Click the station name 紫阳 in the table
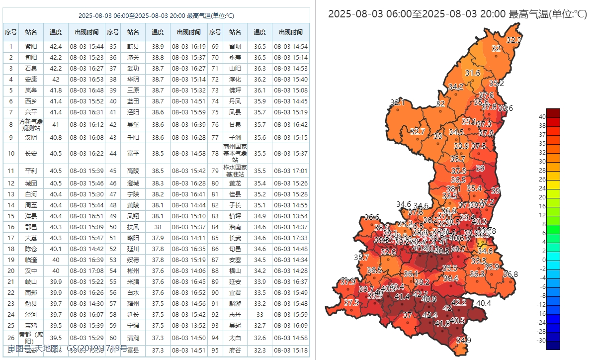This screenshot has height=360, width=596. point(31,47)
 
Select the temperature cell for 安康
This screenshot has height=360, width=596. point(56,80)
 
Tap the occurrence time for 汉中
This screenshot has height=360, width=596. point(86,271)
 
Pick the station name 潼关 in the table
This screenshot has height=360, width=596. point(133,58)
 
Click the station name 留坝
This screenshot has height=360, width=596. point(235,47)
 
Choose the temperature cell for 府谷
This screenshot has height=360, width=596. point(259,350)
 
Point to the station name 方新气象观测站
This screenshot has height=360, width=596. point(31,124)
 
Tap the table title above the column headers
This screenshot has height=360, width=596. point(156,15)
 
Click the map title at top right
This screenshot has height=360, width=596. point(457,14)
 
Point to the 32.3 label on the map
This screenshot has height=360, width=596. point(513,40)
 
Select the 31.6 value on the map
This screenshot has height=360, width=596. point(472,73)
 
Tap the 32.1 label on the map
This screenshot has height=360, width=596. point(397,102)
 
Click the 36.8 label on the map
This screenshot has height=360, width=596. point(510,274)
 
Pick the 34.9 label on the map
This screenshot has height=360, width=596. point(463,340)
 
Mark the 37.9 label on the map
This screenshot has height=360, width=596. point(348,281)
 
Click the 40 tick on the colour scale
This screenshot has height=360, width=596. point(542,117)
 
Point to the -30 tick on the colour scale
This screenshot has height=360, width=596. point(541,341)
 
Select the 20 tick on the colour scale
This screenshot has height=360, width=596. point(542,197)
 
